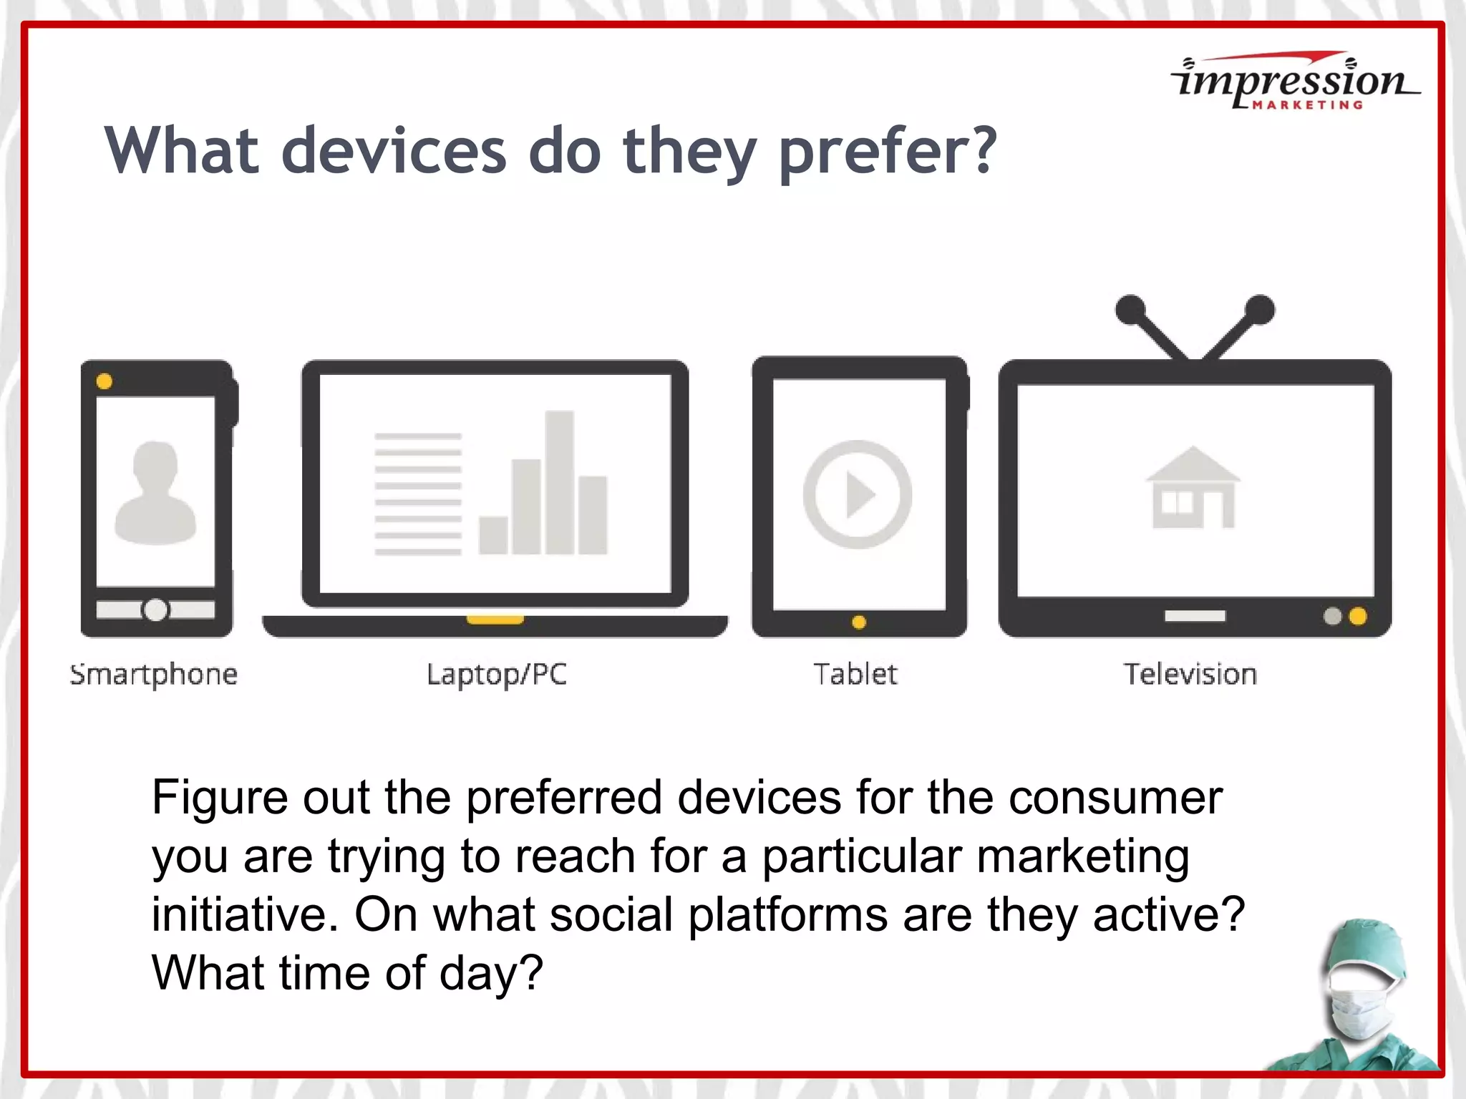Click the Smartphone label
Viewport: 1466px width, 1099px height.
click(x=154, y=674)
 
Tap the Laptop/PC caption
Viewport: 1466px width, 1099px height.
click(x=496, y=674)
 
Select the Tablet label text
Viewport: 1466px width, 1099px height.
click(x=855, y=674)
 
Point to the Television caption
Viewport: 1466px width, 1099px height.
click(x=1190, y=674)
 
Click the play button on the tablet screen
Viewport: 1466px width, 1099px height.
click(x=858, y=494)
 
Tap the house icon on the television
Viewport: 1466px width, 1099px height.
click(x=1193, y=488)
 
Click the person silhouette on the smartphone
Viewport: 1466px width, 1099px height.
click(x=155, y=494)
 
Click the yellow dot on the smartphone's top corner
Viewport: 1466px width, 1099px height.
click(x=105, y=381)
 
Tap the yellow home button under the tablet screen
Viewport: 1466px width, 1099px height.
click(x=859, y=622)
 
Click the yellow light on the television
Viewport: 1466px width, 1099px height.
click(x=1358, y=616)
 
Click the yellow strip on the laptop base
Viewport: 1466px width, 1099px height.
click(x=495, y=620)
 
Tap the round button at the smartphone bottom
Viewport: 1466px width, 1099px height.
click(x=155, y=610)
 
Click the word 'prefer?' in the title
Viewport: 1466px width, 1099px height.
click(x=887, y=152)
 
